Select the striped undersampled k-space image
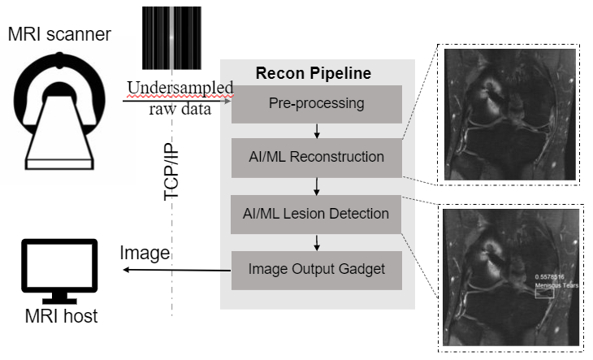(172, 39)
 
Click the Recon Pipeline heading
(314, 73)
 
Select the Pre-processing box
(316, 103)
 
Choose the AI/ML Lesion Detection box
(316, 215)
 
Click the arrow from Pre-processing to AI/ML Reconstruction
(316, 131)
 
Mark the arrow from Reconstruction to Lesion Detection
(316, 186)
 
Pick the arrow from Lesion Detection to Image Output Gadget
(316, 242)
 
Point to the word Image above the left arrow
(144, 254)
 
